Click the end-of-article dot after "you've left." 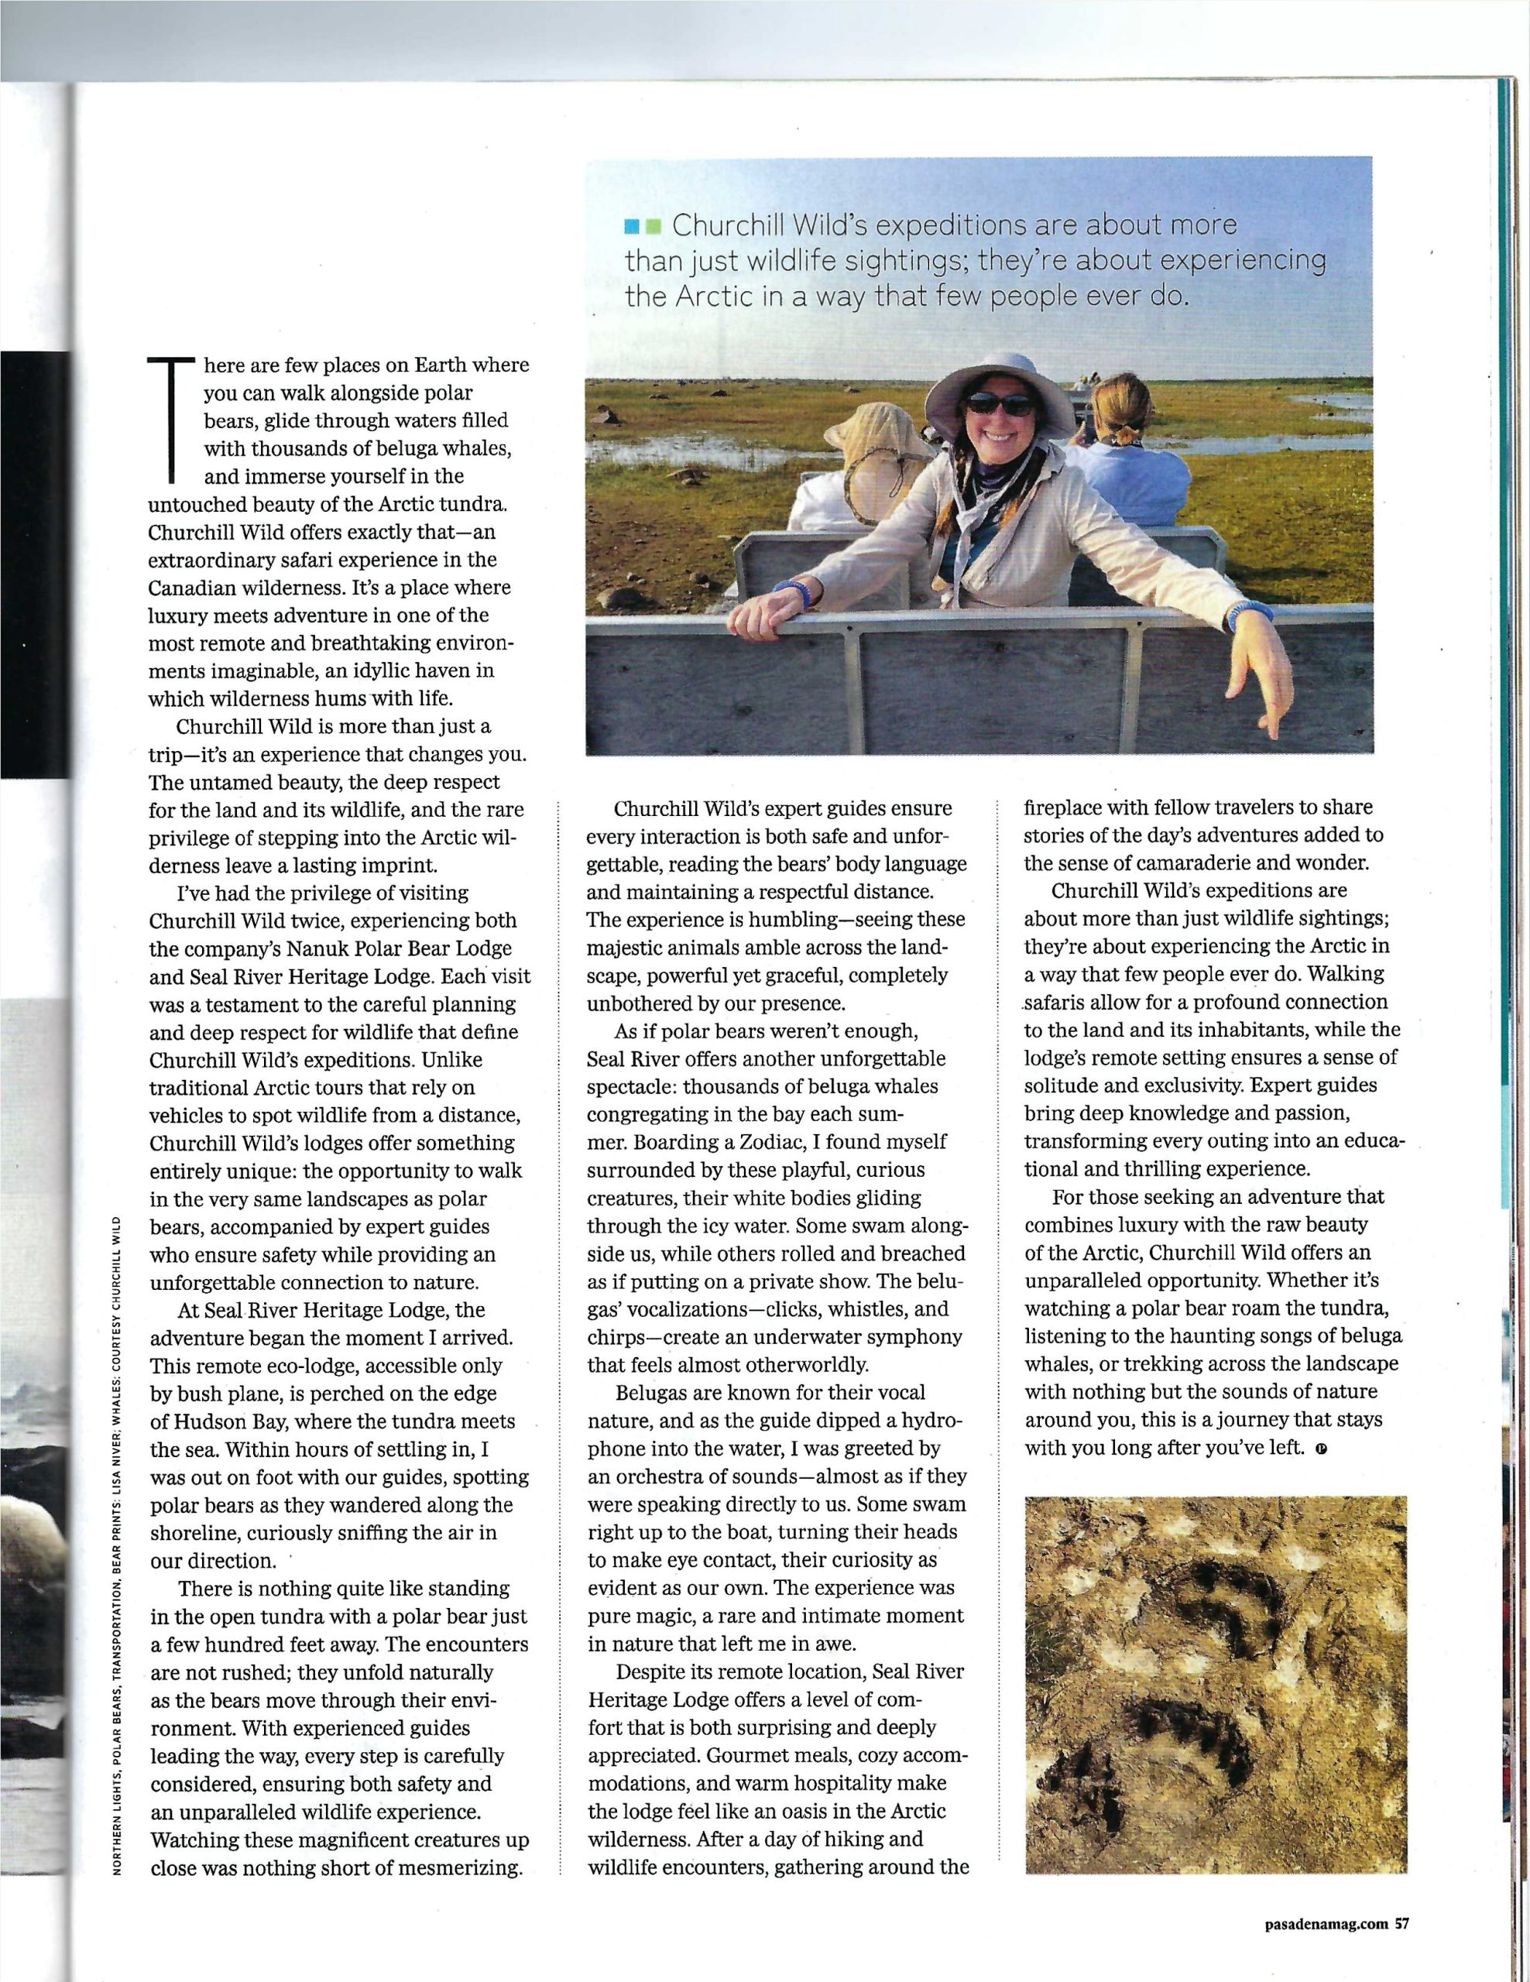[x=1320, y=1449]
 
